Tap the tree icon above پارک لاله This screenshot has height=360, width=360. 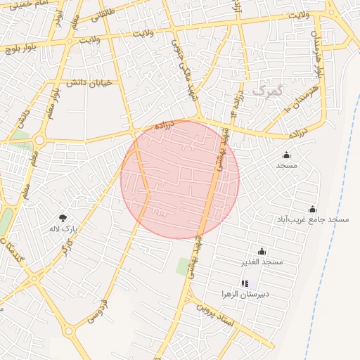click(x=63, y=218)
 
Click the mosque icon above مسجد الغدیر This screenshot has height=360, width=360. click(x=262, y=251)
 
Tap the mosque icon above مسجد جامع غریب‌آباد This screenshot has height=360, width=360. click(x=312, y=209)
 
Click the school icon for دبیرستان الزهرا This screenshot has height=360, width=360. click(x=245, y=283)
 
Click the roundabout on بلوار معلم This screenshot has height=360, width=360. click(x=39, y=141)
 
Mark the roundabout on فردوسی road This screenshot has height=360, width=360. click(x=69, y=330)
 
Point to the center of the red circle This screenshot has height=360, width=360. click(x=180, y=179)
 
